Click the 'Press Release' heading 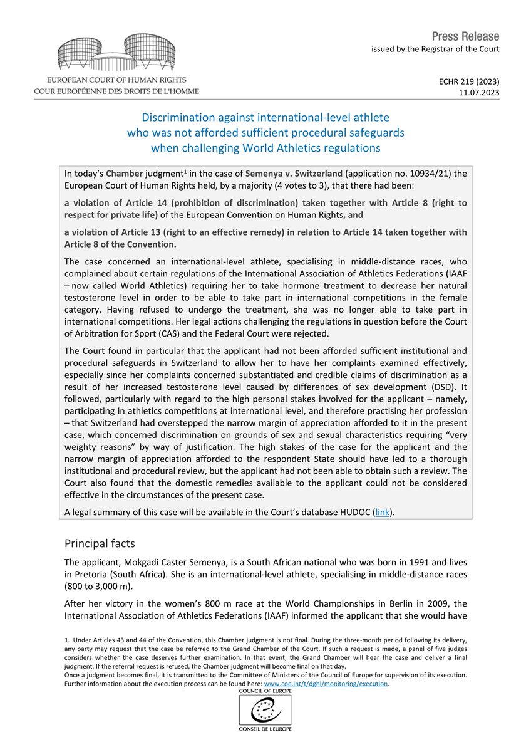tap(466, 36)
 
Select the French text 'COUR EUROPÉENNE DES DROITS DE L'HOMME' tap(117, 91)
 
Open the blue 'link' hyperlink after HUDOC tap(381, 512)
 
